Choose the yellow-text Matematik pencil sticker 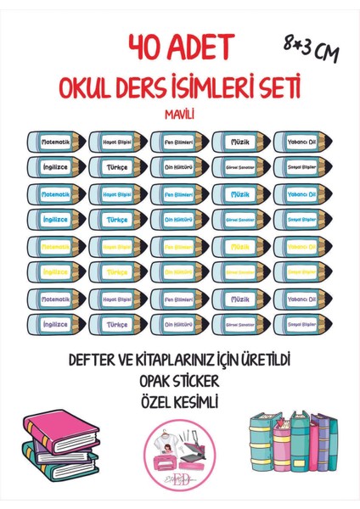(x=56, y=245)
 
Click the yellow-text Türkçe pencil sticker (x=118, y=271)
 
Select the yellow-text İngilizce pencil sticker (x=56, y=271)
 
